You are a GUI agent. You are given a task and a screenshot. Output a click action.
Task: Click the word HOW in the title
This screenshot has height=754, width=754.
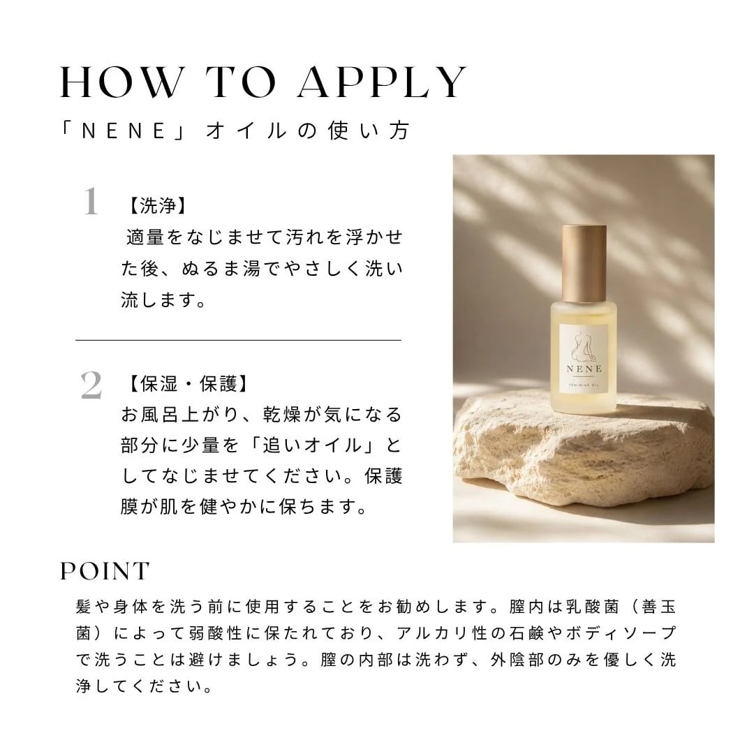point(120,82)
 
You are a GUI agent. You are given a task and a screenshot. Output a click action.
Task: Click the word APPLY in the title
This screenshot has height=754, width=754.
point(383,82)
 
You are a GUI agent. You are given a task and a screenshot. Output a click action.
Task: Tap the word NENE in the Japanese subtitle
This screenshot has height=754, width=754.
point(124,131)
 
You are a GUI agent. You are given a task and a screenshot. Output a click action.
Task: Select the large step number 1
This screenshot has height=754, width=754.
point(90,202)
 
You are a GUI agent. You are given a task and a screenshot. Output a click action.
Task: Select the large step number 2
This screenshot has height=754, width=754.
point(91,385)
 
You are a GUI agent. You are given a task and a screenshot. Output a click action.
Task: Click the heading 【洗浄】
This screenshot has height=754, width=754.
point(156,206)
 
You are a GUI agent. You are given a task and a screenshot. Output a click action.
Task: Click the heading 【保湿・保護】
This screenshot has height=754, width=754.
point(187,384)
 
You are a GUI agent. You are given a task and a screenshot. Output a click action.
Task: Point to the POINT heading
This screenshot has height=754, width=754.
point(105,571)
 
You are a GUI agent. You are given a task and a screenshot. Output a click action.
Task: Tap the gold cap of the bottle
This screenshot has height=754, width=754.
point(584,262)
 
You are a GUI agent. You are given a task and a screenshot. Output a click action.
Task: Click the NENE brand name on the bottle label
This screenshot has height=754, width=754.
point(584,369)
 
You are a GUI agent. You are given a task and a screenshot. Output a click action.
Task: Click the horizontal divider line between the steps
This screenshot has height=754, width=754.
point(238,340)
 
